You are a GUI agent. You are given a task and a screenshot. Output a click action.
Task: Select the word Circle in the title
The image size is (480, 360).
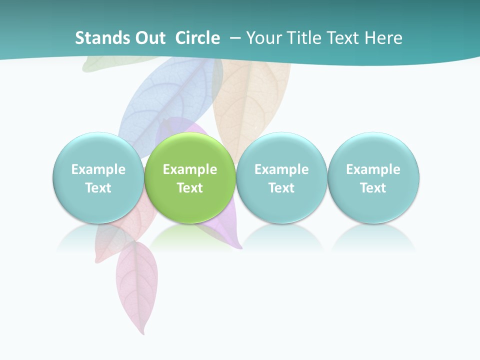(197, 38)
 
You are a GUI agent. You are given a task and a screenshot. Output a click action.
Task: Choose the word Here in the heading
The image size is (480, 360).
(383, 38)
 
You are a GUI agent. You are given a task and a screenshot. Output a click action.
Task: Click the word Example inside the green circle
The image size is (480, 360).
(190, 169)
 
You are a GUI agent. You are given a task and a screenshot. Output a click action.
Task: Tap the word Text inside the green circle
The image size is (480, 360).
(190, 188)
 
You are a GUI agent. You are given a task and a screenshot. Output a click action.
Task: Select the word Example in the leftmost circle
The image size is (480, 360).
(98, 169)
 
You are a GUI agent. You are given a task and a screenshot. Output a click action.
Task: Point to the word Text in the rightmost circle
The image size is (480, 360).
(373, 188)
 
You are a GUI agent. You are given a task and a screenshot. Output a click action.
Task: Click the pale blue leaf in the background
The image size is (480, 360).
(165, 100)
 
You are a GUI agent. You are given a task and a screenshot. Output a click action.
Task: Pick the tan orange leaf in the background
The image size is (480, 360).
(252, 100)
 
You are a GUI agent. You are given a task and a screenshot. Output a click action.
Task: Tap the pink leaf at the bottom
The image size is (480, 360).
(136, 285)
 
